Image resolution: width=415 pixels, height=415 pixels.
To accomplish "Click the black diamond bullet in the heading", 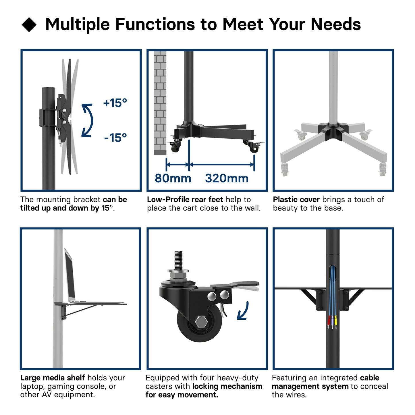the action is [29, 24].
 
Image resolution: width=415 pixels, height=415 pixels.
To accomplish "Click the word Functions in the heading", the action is [155, 24].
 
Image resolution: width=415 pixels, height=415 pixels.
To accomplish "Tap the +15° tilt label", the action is [115, 103].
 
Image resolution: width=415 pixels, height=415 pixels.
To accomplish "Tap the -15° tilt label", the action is [116, 138].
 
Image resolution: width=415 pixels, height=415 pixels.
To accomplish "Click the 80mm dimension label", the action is [173, 178].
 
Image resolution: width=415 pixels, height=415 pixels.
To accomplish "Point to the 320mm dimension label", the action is [227, 178].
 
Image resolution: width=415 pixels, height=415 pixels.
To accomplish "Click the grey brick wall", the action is [160, 103].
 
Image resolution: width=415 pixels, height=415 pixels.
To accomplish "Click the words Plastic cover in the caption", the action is [296, 200].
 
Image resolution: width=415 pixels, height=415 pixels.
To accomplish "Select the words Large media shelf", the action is [53, 378].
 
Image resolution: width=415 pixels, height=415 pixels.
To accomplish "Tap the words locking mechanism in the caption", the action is [227, 386].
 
